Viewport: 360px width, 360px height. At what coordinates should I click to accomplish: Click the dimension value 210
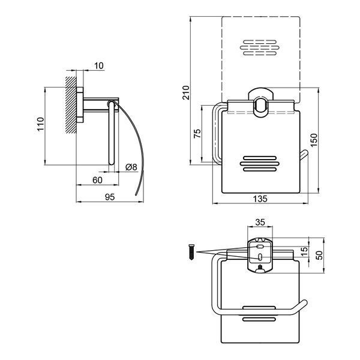[186, 92]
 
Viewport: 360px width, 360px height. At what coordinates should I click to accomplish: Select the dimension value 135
[260, 199]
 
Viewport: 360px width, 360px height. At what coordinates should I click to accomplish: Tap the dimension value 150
[313, 140]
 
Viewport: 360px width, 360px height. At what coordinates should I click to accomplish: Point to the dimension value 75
[197, 133]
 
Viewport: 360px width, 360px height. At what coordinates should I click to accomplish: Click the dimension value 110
[41, 124]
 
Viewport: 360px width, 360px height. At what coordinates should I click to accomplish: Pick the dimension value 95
[110, 197]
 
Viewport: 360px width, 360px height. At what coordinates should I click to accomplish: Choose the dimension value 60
[97, 180]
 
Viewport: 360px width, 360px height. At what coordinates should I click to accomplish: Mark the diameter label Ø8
[131, 167]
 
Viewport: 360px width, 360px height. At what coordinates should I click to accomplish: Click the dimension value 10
[99, 66]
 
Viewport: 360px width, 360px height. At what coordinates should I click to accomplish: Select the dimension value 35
[260, 222]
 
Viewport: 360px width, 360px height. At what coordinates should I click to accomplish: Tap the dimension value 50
[319, 255]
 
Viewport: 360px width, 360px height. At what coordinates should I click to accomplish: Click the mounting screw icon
[191, 252]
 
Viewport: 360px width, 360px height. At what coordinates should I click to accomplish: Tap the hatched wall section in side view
[71, 105]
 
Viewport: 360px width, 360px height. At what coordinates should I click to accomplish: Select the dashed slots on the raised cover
[260, 48]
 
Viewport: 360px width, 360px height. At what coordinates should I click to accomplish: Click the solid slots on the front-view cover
[260, 164]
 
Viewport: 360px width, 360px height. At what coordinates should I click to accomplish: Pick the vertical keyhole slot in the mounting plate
[260, 257]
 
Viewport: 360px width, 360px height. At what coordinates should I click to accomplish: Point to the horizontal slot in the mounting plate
[260, 247]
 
